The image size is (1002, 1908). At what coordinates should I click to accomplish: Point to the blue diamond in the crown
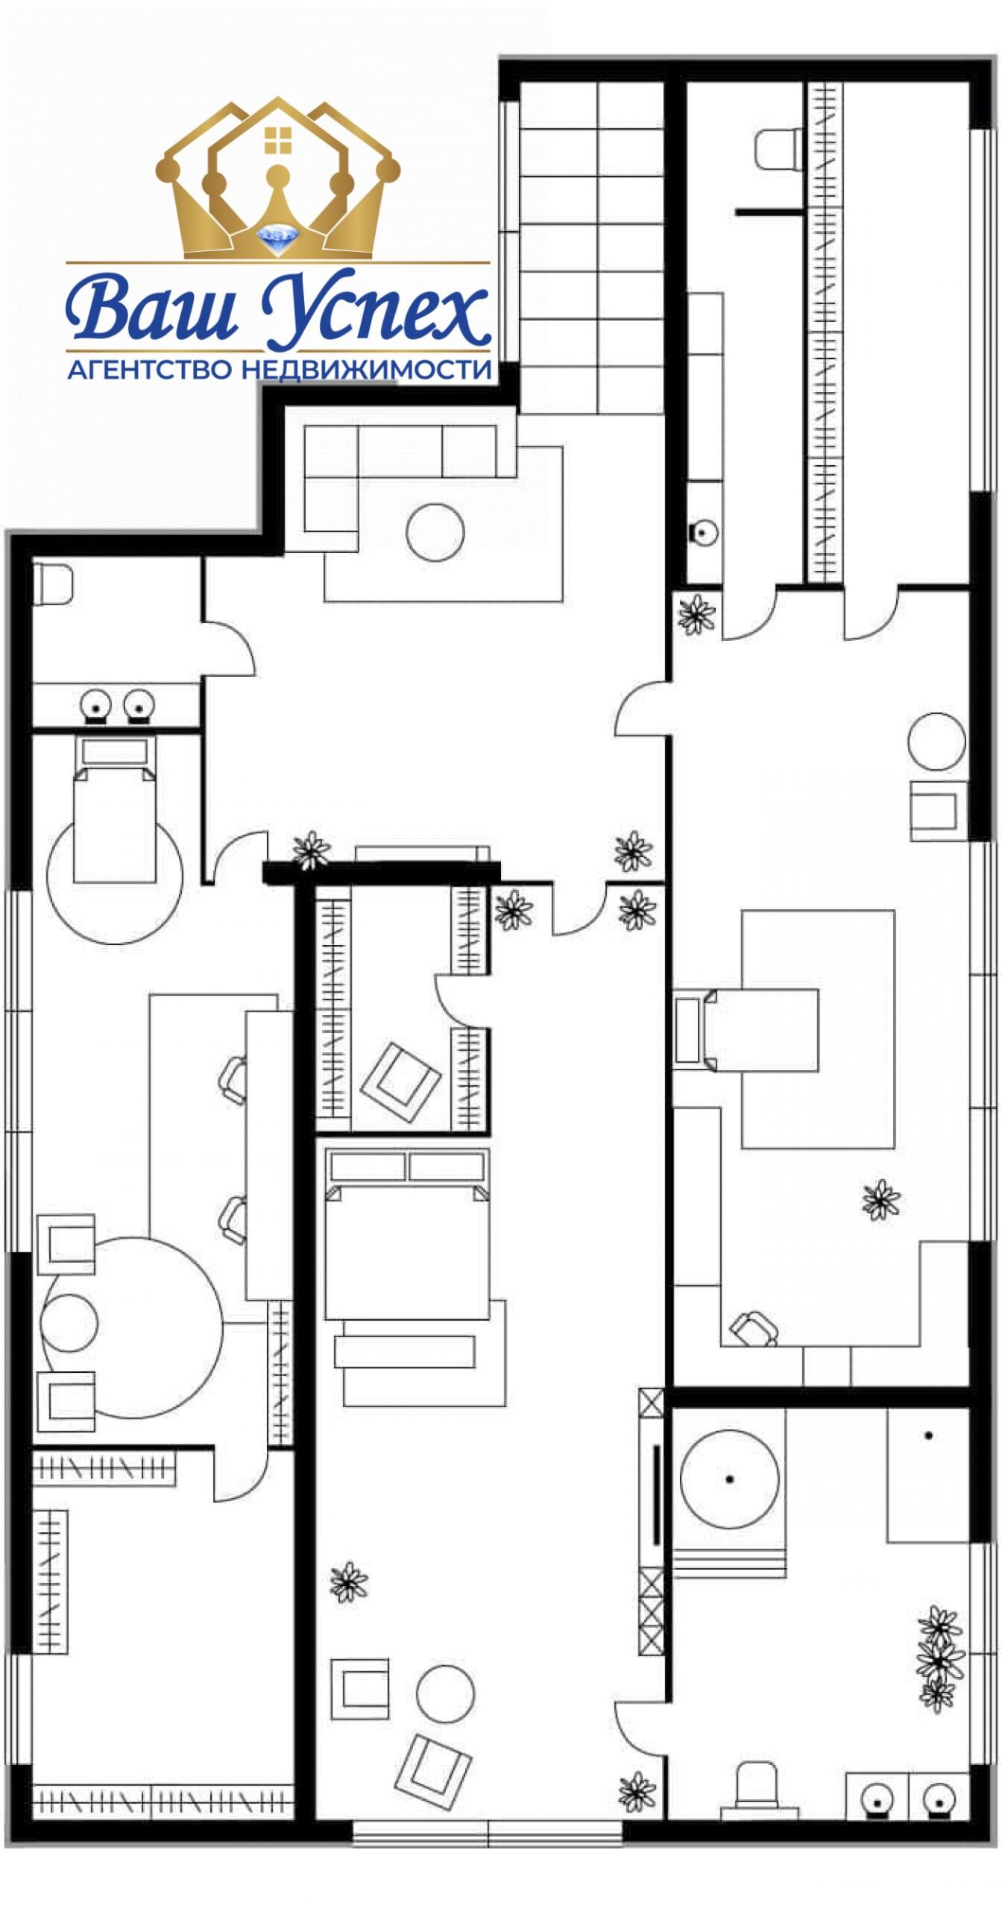pos(277,238)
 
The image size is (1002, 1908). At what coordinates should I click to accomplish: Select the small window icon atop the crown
pos(278,138)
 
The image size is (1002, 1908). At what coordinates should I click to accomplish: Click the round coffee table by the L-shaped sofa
pos(435,532)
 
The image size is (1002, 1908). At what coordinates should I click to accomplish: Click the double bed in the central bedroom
pos(407,1233)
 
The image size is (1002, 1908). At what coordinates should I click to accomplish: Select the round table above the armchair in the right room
pos(937,742)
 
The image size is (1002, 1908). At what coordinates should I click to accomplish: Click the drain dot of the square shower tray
pos(928,1435)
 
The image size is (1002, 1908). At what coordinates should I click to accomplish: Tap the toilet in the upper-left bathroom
pos(52,583)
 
